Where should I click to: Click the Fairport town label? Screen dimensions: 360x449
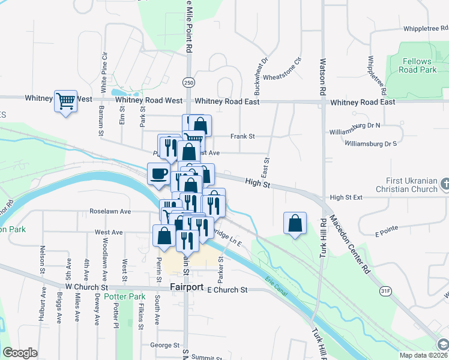186,287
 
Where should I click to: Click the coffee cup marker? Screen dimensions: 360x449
158,174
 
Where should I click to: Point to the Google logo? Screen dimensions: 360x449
20,353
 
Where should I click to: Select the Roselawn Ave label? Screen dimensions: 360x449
110,211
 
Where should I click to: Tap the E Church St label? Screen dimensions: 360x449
227,290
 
